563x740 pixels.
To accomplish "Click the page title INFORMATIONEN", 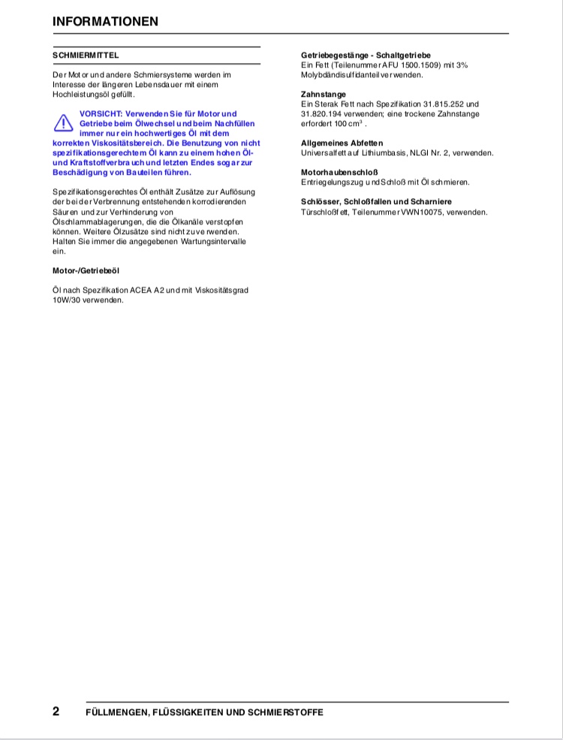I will (105, 21).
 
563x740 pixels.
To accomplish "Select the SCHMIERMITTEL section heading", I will (86, 56).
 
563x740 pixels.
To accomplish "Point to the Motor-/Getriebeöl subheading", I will (86, 270).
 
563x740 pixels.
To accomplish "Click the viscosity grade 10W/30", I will (65, 299).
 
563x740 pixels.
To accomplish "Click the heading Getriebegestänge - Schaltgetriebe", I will (366, 56).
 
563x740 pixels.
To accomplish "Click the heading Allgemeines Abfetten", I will (342, 143).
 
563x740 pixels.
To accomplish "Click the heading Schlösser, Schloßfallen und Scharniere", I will (376, 202).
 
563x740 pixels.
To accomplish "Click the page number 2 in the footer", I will (56, 711).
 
